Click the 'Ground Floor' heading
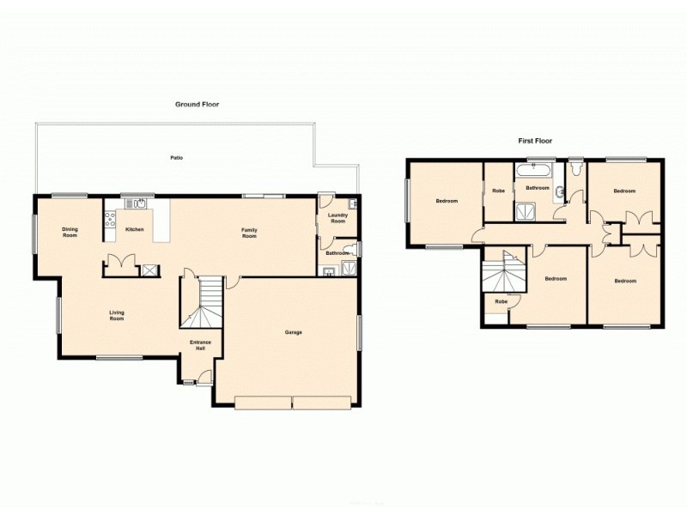(198, 105)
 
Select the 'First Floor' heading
(534, 140)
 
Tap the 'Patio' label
(177, 158)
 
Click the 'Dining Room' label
(70, 232)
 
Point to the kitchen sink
(135, 204)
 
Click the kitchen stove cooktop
(110, 218)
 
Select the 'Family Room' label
(249, 232)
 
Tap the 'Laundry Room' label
(337, 218)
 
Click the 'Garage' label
(293, 332)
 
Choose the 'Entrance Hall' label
(200, 345)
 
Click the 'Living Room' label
(117, 315)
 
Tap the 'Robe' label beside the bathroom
(498, 191)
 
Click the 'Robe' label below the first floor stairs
(501, 302)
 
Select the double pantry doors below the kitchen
(119, 262)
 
